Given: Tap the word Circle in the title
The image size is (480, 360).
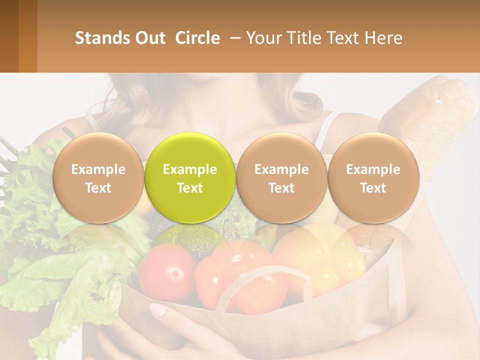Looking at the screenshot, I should pos(197,38).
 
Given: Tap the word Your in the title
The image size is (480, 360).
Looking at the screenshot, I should pos(264,38).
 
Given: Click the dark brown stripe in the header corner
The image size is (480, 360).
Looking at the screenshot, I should pos(9,36).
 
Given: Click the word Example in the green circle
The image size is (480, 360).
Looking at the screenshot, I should pos(190,169).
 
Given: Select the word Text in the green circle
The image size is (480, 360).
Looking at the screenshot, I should pos(190,188).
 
